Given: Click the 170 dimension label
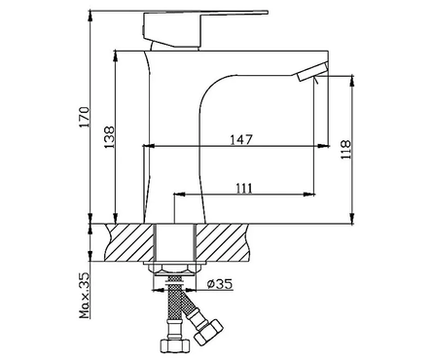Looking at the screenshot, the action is click(x=85, y=117).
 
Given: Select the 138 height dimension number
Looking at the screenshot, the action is click(x=110, y=137).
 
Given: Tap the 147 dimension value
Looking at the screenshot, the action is click(x=241, y=140).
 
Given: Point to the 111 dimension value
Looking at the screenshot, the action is click(x=243, y=188).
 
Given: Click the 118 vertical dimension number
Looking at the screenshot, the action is click(x=345, y=150).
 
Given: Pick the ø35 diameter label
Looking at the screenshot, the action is click(x=220, y=284).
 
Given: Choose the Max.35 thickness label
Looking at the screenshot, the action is click(x=85, y=295).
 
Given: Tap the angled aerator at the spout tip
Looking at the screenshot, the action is click(x=311, y=73).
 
